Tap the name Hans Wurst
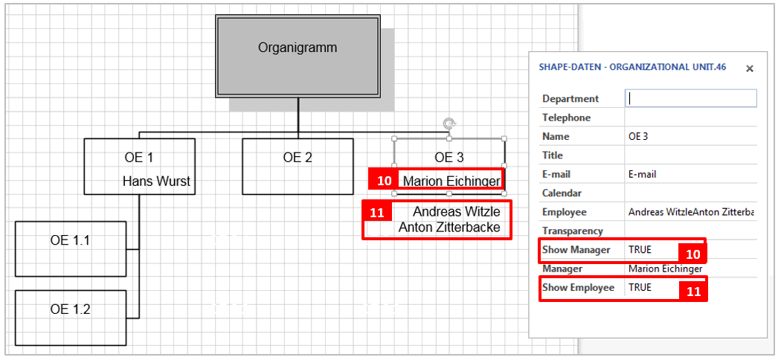(x=156, y=181)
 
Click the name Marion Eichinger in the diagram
(x=451, y=181)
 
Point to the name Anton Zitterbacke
(x=449, y=228)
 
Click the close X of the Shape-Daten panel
(x=750, y=68)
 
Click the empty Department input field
(x=692, y=98)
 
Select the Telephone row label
(x=567, y=118)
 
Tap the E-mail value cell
(x=643, y=175)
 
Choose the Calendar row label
(x=562, y=193)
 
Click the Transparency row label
(x=573, y=231)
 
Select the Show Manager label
(x=576, y=250)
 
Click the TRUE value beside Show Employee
(x=640, y=288)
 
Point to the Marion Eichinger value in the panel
(x=665, y=269)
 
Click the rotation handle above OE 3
(x=449, y=123)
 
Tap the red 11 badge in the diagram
(x=377, y=213)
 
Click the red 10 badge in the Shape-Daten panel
(x=692, y=254)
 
